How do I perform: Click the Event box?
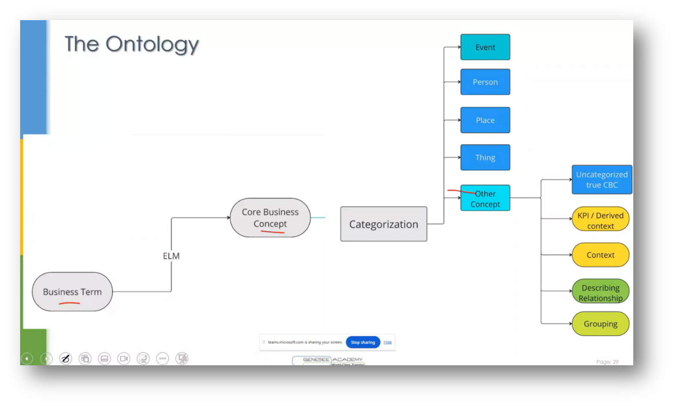point(485,47)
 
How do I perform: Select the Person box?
point(485,82)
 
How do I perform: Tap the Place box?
point(485,120)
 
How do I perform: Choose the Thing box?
point(485,157)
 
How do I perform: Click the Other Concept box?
point(485,198)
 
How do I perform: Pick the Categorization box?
point(383,224)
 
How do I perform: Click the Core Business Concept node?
point(270,217)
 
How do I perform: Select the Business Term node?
point(72,292)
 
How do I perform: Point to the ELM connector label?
point(171,256)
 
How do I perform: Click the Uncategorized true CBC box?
point(602,180)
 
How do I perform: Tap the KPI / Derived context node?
point(600,220)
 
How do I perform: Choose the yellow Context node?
point(600,255)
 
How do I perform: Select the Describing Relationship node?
point(600,292)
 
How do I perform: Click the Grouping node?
point(600,324)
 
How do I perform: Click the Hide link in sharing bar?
point(388,342)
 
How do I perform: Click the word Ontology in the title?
point(152,44)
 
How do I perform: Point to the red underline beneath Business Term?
point(69,304)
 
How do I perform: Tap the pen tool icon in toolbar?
point(66,358)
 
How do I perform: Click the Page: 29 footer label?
point(607,362)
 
